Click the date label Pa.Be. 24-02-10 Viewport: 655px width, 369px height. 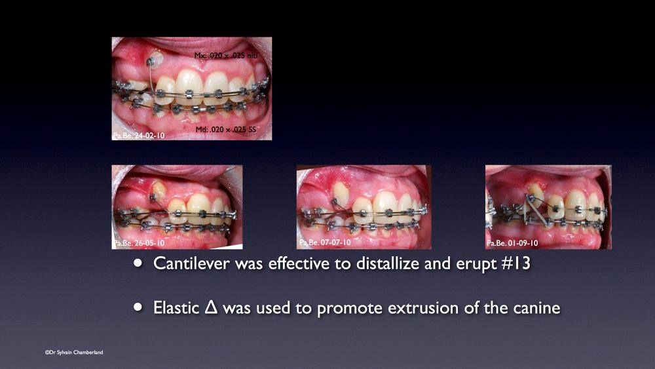(139, 136)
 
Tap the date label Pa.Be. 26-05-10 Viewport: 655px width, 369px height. (139, 243)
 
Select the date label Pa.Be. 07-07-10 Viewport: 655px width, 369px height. (325, 243)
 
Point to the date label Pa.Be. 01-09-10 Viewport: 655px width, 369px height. (512, 243)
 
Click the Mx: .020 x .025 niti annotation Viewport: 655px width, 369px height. (226, 56)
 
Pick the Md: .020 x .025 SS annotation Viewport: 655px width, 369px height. (226, 130)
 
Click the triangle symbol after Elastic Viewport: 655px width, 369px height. (212, 307)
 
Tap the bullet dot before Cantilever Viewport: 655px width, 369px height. (138, 263)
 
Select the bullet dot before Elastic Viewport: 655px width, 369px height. (138, 307)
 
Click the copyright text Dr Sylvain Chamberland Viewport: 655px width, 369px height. (74, 352)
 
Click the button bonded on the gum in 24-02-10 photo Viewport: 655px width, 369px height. (155, 59)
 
